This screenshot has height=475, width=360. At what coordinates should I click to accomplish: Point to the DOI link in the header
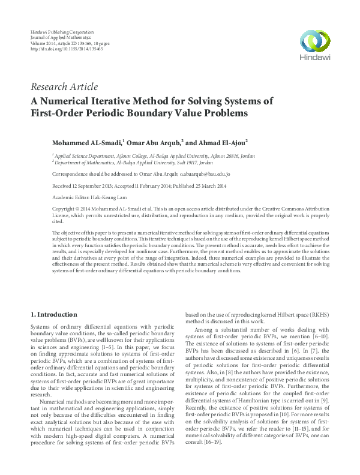point(66,49)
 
